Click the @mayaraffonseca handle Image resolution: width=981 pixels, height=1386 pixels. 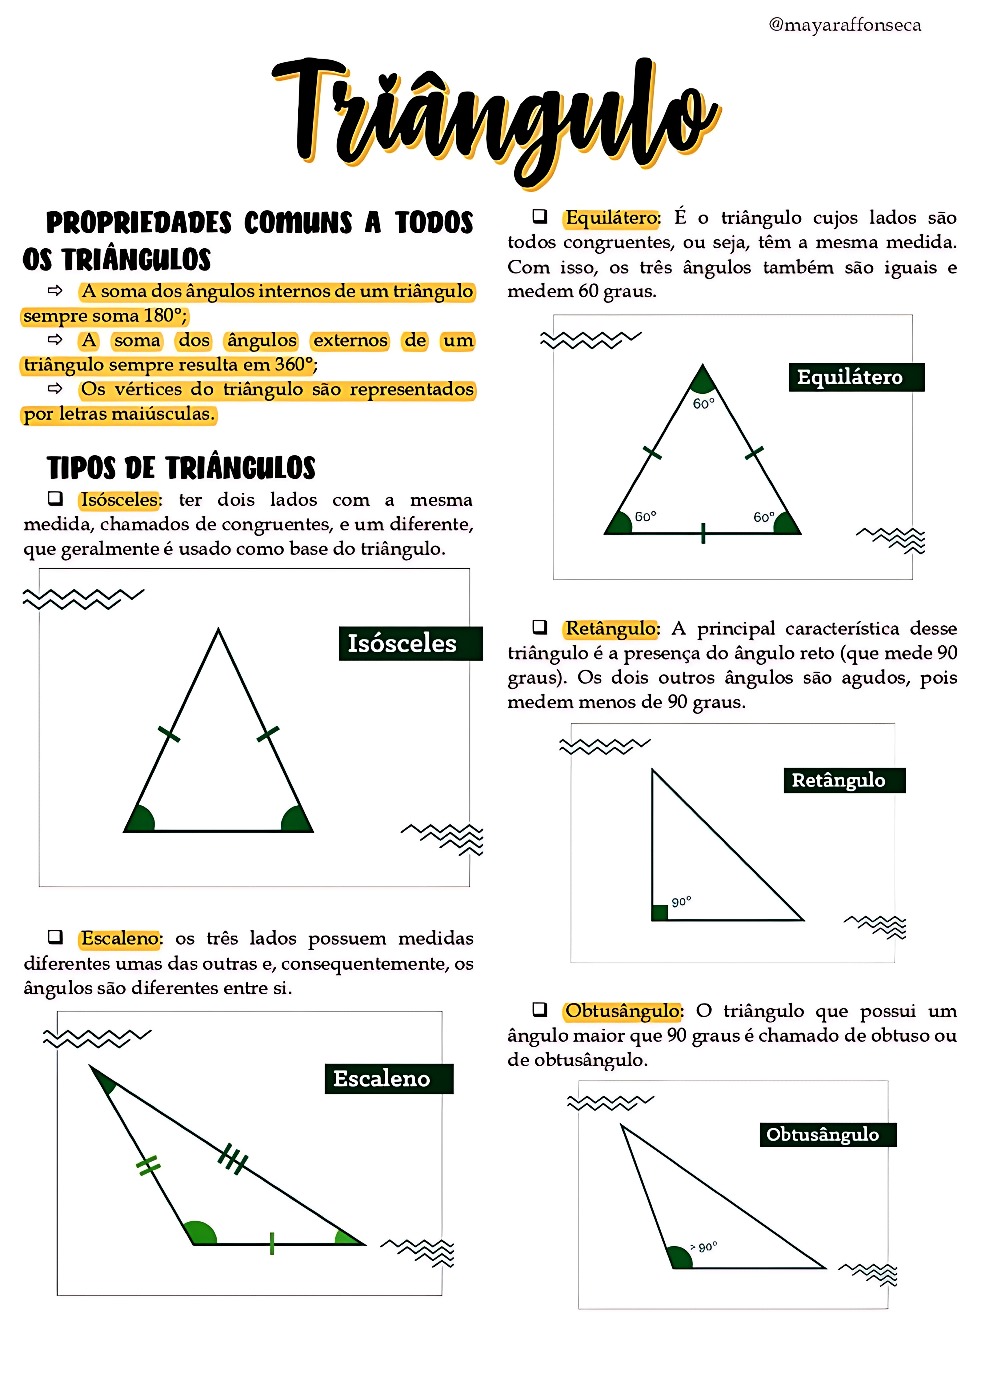pos(844,25)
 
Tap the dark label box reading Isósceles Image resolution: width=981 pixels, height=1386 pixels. pos(410,643)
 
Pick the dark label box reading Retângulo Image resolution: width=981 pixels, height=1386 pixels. pos(844,780)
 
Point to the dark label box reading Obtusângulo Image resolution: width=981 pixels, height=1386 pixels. pos(828,1134)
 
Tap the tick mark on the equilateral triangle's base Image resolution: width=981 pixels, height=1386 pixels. pos(703,533)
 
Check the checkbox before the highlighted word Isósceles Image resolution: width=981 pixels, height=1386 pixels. pos(55,498)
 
